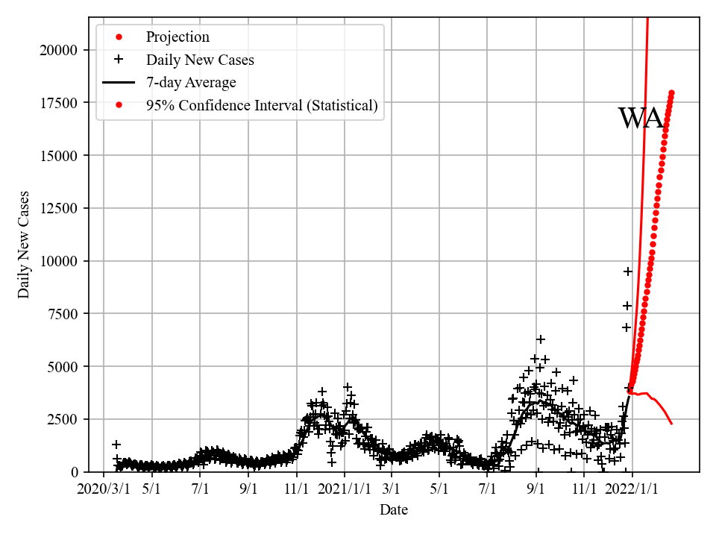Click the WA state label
point(641,119)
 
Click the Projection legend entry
point(178,37)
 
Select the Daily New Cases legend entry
point(200,60)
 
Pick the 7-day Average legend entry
point(191,83)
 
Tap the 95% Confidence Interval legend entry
point(262,106)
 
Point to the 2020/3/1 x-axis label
point(104,489)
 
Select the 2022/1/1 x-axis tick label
point(632,489)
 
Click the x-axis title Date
point(394,510)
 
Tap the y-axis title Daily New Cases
point(25,245)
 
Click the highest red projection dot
point(671,93)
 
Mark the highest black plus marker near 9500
point(628,271)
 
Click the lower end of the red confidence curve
point(671,423)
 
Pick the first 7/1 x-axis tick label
point(200,489)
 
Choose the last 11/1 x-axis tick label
point(584,489)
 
